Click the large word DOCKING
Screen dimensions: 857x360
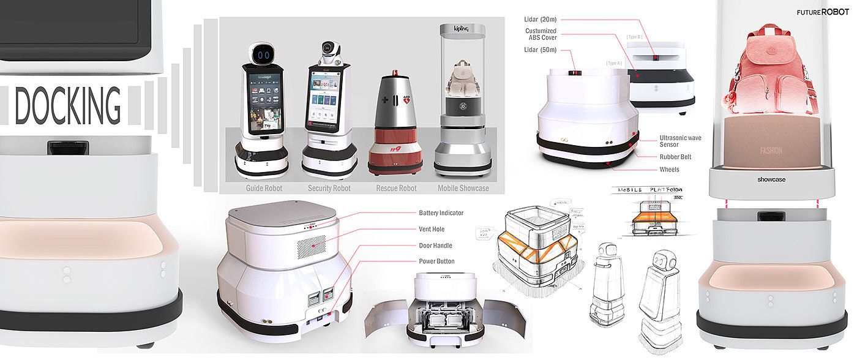(67, 106)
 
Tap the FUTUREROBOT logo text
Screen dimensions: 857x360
(822, 12)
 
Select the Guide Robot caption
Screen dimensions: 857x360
(264, 188)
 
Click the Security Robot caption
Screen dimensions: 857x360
(329, 188)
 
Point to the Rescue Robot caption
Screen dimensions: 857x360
(396, 188)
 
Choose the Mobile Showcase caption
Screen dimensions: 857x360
(463, 188)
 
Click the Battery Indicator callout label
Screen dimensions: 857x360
(441, 213)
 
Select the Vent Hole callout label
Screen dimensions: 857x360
(432, 229)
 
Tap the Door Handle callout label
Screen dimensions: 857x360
(435, 246)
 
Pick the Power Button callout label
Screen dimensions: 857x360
(436, 261)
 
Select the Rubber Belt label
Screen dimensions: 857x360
(676, 157)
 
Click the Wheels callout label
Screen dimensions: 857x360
(669, 170)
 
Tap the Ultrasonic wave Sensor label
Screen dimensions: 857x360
(679, 142)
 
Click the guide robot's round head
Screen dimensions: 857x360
(264, 54)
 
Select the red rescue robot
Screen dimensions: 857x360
(395, 126)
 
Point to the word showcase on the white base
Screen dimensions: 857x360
(771, 179)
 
